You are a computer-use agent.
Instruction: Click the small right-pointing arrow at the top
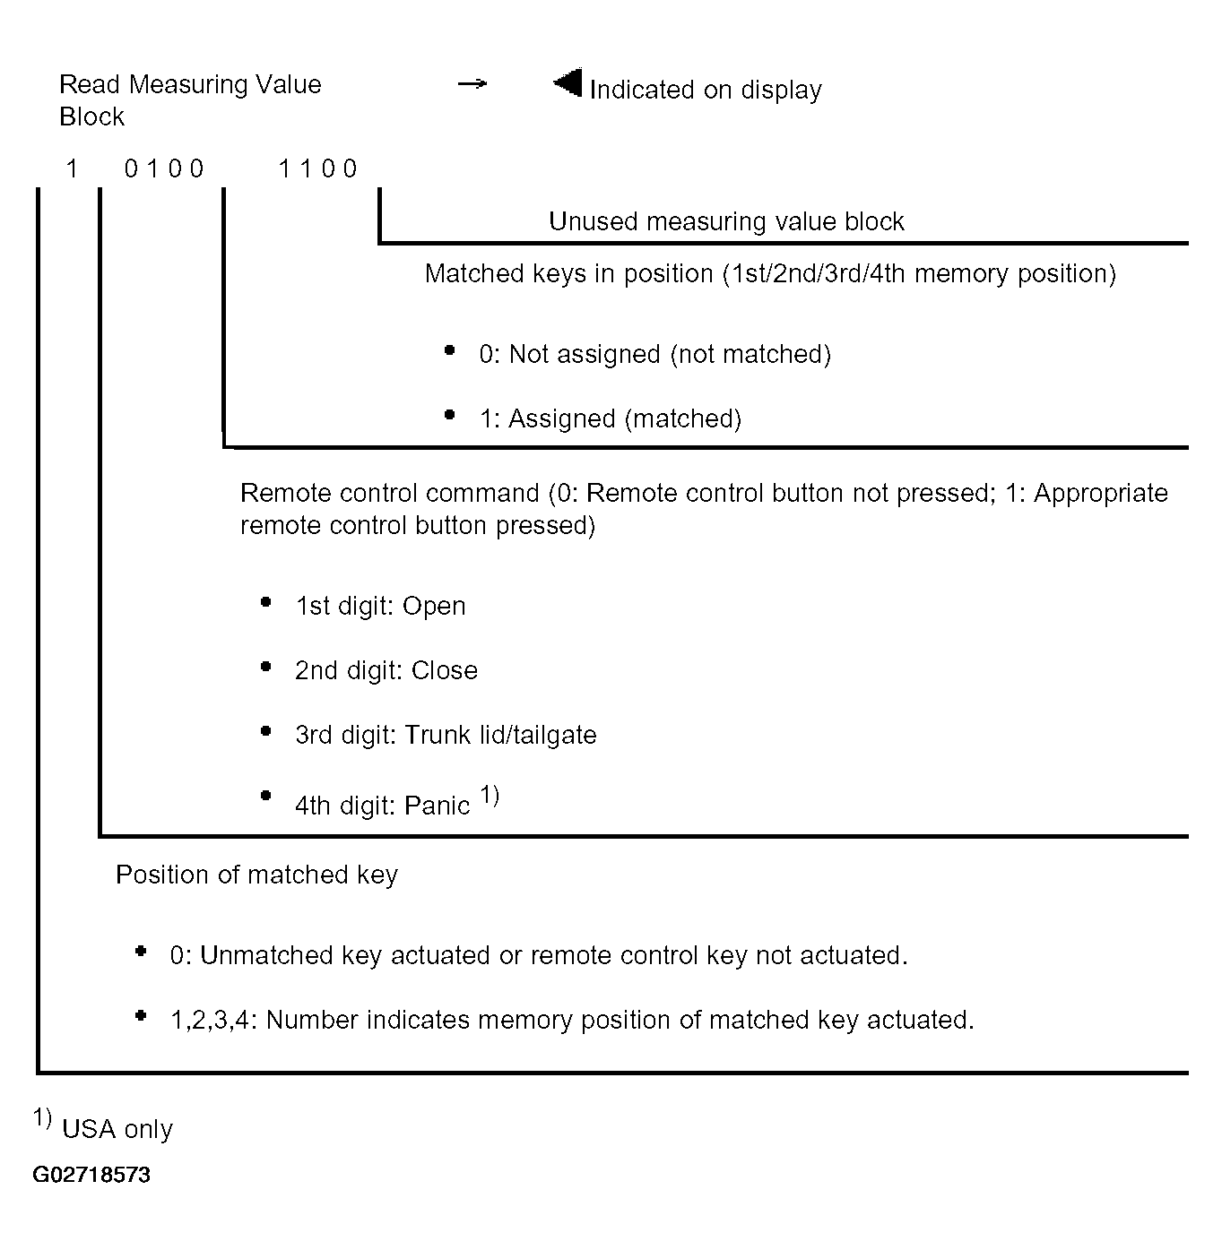click(472, 84)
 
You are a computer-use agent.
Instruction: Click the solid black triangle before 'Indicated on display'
click(568, 83)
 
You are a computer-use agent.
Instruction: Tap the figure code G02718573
click(91, 1175)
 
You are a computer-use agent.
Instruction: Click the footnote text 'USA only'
click(117, 1129)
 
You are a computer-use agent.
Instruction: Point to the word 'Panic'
click(438, 806)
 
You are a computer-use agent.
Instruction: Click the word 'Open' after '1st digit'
click(434, 606)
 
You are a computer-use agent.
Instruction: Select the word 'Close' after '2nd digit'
click(445, 670)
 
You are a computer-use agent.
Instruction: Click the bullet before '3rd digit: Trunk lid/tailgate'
click(266, 731)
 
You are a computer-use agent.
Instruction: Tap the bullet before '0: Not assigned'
click(450, 350)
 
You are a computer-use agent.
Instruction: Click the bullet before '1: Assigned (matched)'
click(450, 415)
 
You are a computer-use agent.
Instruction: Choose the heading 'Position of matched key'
click(256, 875)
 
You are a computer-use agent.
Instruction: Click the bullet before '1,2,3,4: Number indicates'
click(141, 1016)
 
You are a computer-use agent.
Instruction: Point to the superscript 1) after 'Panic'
click(490, 794)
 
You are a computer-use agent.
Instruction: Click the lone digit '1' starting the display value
click(73, 168)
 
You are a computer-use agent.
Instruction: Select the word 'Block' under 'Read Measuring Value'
click(91, 116)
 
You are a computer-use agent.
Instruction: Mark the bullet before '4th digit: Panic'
click(266, 796)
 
